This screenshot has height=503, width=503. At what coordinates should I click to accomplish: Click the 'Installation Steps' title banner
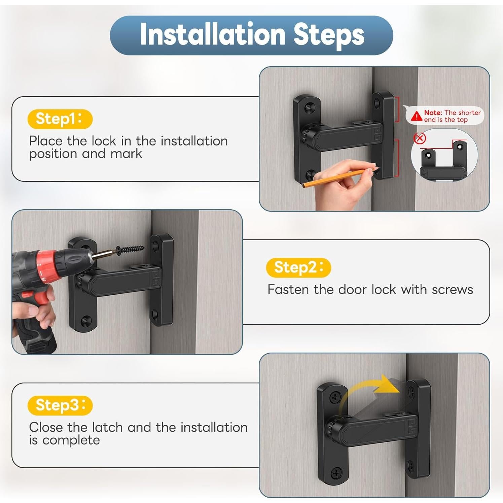click(251, 35)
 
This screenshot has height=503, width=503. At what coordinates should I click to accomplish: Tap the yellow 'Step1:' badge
click(60, 119)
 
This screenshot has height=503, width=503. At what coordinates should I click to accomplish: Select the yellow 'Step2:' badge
click(298, 268)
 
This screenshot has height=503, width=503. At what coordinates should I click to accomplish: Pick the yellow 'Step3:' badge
click(60, 405)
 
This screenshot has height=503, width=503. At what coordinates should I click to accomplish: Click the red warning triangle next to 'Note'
click(417, 116)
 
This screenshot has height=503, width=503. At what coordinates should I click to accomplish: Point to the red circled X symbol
click(420, 138)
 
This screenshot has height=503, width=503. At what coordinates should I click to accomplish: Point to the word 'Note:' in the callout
click(433, 113)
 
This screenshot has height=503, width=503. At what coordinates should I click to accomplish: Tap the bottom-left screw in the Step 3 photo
click(336, 473)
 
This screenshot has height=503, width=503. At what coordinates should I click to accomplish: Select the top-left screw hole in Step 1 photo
click(309, 108)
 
